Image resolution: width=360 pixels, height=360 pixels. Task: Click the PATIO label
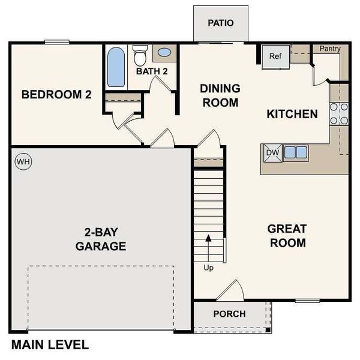(220, 23)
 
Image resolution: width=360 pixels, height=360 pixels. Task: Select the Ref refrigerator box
(275, 56)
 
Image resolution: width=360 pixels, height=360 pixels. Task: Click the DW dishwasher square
(272, 152)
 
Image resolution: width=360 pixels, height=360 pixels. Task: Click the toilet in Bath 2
(140, 55)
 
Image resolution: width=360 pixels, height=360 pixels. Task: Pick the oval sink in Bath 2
(164, 52)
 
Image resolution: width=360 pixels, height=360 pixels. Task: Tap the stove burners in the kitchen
(339, 113)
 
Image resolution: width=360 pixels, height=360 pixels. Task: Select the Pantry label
(329, 48)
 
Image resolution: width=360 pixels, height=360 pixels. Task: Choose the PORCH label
(229, 314)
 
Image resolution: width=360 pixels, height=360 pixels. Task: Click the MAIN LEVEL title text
(50, 345)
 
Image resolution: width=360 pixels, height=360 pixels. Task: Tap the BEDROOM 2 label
(56, 94)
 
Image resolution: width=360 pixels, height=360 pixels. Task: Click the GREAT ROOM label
(287, 235)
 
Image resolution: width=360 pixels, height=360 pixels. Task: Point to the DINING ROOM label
(220, 95)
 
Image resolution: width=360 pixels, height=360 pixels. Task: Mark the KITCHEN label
(292, 113)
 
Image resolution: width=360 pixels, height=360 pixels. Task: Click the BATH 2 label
(151, 71)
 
